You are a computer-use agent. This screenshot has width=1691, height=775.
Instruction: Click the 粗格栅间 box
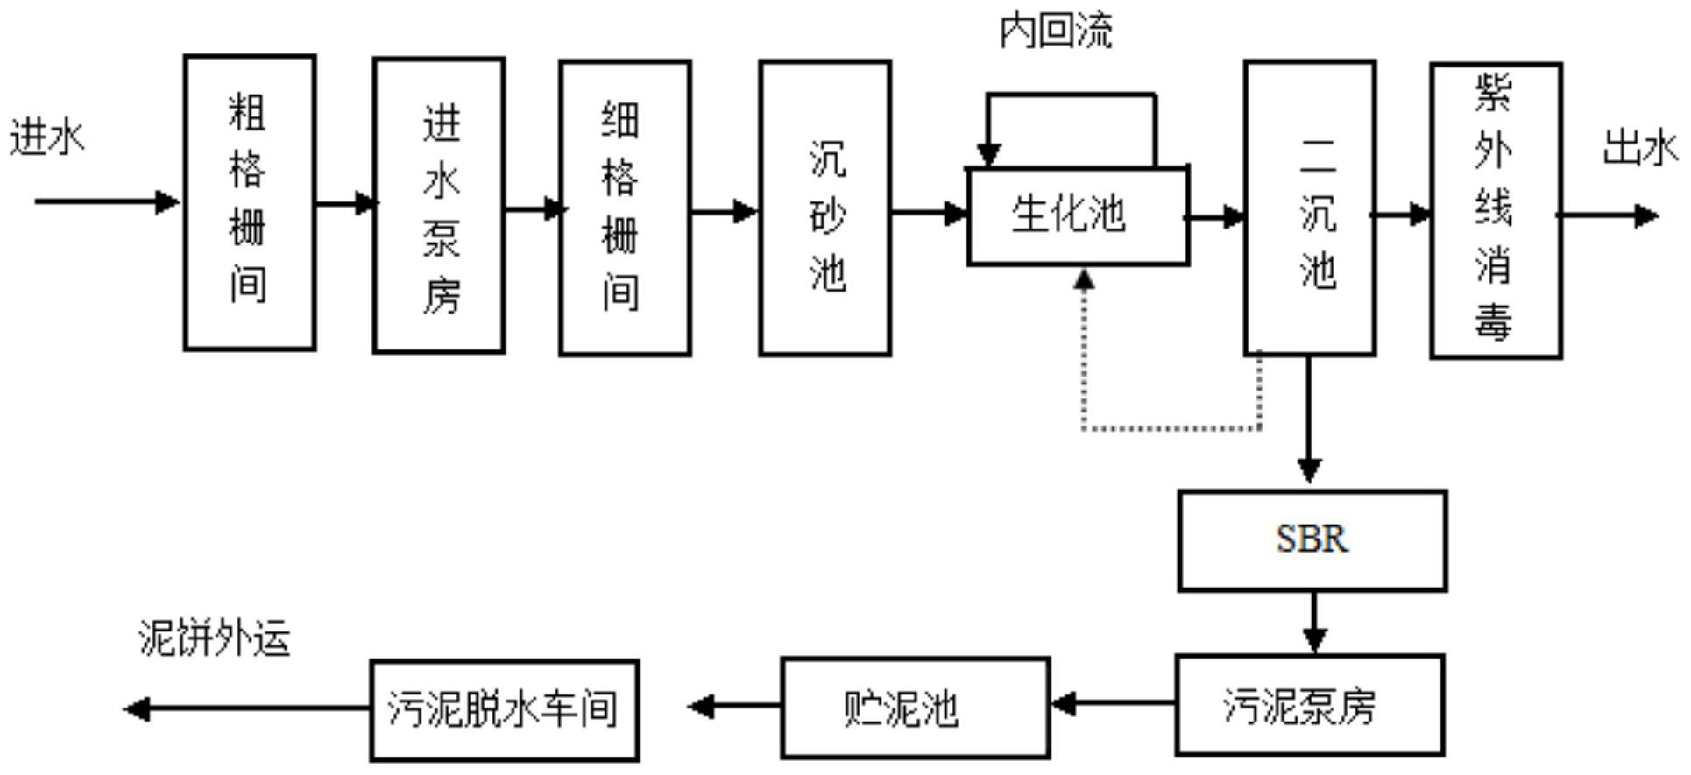click(250, 202)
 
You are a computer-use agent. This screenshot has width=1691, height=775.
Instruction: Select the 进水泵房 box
click(439, 206)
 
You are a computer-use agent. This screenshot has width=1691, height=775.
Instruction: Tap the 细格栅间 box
click(626, 208)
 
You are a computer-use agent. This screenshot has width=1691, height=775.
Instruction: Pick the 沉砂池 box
click(825, 208)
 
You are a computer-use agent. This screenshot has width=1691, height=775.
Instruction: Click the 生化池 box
click(1078, 215)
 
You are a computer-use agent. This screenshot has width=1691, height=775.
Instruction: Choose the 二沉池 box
click(1310, 208)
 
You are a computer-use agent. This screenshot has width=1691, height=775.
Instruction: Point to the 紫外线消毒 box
click(1496, 211)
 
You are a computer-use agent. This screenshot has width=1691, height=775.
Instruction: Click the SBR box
click(1312, 540)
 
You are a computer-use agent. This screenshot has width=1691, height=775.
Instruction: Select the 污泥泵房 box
click(1310, 705)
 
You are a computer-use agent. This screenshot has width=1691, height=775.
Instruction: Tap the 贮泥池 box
click(916, 708)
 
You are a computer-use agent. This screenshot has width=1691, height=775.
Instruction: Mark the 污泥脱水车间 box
click(505, 710)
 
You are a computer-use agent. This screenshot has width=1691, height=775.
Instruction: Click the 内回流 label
click(1056, 31)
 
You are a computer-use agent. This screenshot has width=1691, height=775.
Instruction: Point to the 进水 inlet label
click(47, 138)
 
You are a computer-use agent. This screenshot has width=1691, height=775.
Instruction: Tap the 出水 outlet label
click(1640, 147)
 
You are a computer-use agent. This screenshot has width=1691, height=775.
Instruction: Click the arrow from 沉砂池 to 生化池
click(929, 213)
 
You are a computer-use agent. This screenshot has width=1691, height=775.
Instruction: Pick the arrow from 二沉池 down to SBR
click(1309, 419)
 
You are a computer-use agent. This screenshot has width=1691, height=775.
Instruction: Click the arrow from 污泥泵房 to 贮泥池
click(1113, 703)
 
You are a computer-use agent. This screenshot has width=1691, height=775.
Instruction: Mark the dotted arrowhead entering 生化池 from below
click(1085, 279)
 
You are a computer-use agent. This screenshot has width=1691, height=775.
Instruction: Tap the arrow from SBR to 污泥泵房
click(1314, 623)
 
